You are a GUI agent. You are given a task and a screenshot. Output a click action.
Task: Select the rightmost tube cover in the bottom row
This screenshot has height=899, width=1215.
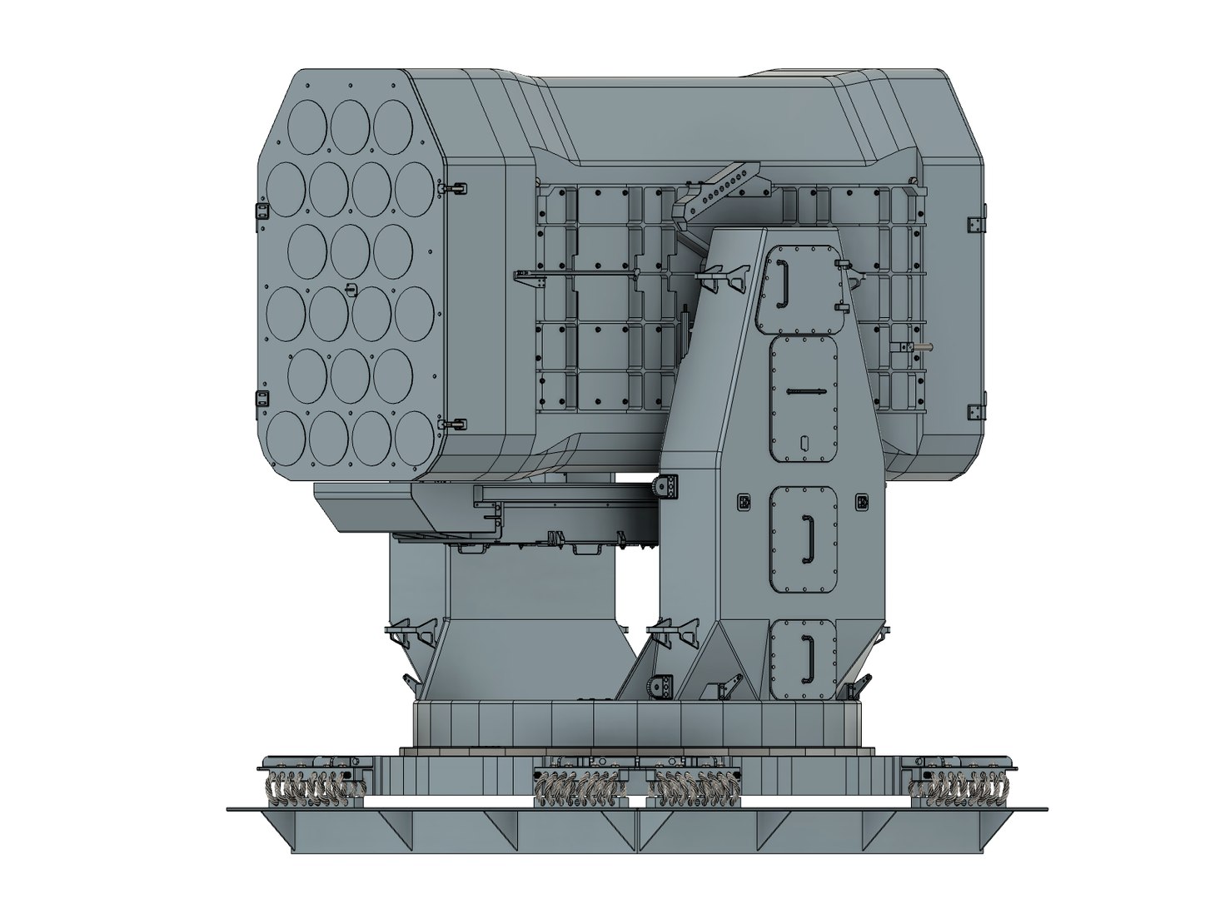pos(414,433)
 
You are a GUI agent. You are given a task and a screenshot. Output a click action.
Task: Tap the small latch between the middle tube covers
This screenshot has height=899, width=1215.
pos(351,290)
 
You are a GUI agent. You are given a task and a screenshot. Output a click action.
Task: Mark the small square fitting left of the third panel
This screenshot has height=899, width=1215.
pos(744,501)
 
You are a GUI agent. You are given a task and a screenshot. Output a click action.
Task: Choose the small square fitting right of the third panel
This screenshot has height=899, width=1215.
pos(863,500)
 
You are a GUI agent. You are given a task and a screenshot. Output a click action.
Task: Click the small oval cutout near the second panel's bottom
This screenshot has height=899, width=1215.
pos(804,442)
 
